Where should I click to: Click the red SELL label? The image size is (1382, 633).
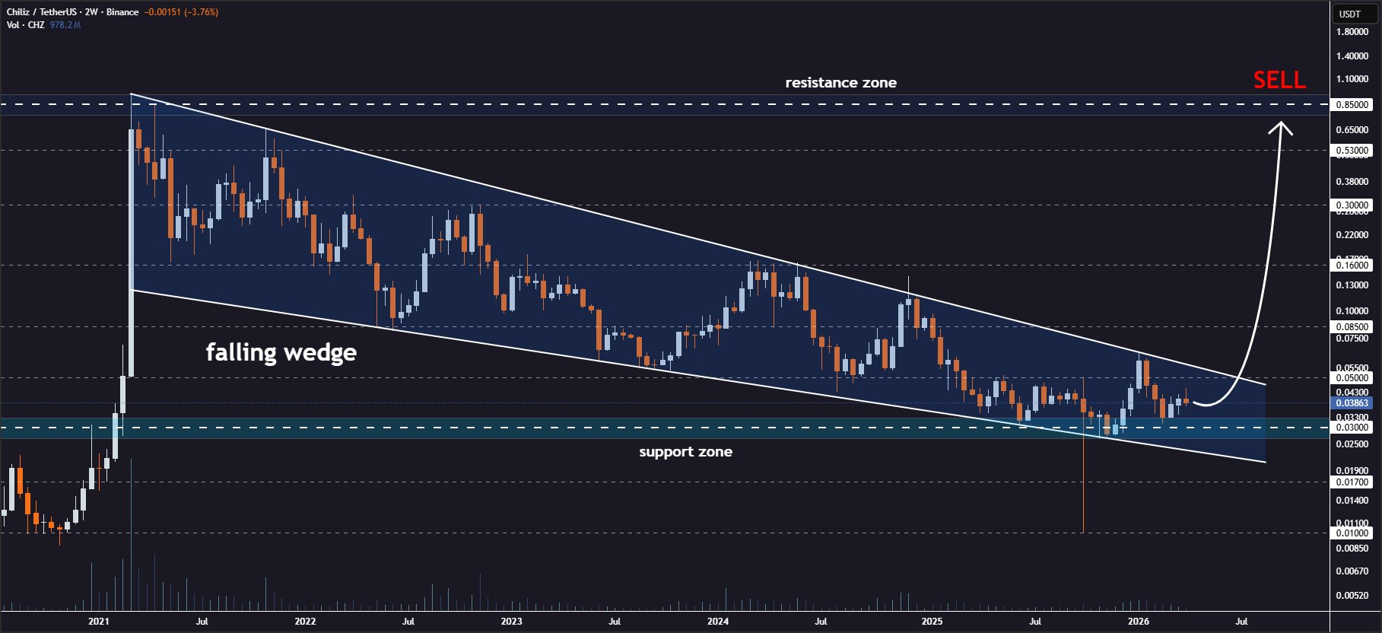tap(1279, 80)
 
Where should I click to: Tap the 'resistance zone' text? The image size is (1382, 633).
tap(840, 83)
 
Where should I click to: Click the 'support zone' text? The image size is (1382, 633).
tap(685, 452)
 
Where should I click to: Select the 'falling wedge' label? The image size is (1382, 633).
tap(281, 352)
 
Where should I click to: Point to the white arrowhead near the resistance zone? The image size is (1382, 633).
tap(1281, 127)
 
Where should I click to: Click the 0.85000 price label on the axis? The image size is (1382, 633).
tap(1352, 105)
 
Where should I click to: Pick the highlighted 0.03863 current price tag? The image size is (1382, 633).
tap(1352, 403)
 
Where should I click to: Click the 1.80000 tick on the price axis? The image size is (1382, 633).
tap(1352, 32)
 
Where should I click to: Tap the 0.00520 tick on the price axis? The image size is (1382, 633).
tap(1352, 596)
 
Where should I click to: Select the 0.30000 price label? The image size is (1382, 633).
tap(1352, 205)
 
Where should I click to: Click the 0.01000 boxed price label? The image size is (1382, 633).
tap(1352, 533)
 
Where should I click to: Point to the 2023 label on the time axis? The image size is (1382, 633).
tap(511, 622)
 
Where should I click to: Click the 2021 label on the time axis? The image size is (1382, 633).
tap(98, 622)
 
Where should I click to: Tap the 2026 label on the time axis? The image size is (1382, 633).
tap(1138, 622)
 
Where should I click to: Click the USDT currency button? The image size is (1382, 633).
tap(1350, 14)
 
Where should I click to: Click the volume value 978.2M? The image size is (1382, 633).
tap(65, 25)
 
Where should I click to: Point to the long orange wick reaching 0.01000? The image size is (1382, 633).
tap(1083, 495)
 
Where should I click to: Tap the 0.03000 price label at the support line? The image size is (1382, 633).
tap(1352, 428)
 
